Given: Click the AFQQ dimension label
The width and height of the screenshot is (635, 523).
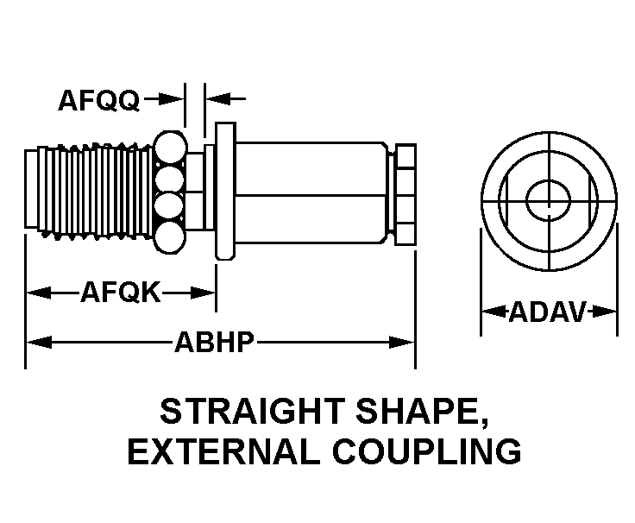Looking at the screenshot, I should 98,101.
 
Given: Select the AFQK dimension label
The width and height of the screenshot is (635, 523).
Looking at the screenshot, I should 121,293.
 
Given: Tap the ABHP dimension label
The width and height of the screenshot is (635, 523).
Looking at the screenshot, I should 215,343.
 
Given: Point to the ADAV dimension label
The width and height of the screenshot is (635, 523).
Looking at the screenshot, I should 548,312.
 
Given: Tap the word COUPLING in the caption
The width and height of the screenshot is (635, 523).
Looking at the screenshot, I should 424,451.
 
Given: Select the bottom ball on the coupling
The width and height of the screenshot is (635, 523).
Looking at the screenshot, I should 172,239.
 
